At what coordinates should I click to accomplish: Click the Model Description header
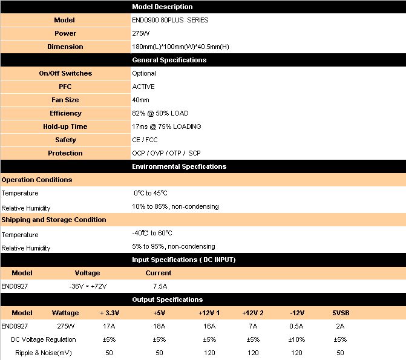click(162, 7)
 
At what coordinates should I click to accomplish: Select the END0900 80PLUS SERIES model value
click(170, 20)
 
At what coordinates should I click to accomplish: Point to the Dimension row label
click(65, 47)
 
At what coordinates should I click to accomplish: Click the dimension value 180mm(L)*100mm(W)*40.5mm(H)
click(180, 47)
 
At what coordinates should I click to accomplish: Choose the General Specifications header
click(169, 60)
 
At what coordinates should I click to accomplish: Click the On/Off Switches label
click(65, 73)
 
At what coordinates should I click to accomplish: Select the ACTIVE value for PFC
click(143, 87)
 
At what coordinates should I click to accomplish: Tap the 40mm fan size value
click(140, 100)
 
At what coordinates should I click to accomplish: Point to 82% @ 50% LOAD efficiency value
click(160, 113)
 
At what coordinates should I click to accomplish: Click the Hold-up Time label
click(65, 126)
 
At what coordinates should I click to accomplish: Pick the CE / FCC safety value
click(145, 140)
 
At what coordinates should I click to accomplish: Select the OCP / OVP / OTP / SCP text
click(166, 153)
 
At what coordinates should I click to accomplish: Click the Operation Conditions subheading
click(37, 180)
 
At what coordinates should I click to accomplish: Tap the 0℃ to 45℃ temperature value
click(151, 193)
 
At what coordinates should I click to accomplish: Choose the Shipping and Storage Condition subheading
click(54, 220)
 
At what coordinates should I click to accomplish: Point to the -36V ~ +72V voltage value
click(87, 286)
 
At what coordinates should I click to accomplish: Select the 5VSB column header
click(340, 313)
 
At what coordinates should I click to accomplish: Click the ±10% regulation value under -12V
click(296, 339)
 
